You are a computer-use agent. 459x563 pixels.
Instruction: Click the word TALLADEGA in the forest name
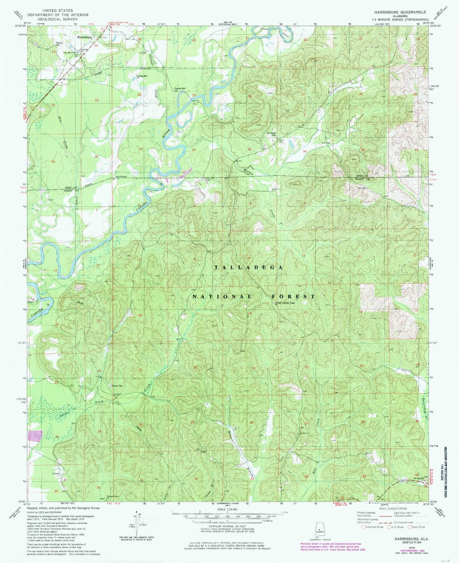pyautogui.click(x=249, y=268)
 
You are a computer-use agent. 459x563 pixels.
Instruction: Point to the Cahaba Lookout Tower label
pyautogui.click(x=283, y=303)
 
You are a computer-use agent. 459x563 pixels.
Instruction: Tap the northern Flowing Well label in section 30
pyautogui.click(x=142, y=76)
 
